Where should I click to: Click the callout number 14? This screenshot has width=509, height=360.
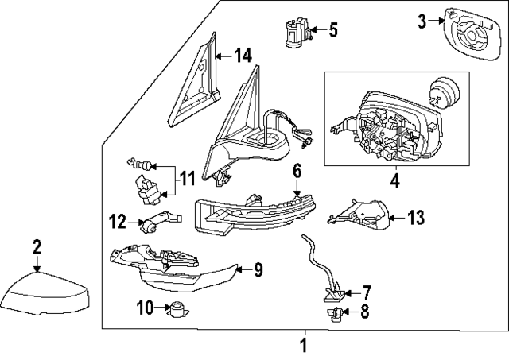(x=242, y=56)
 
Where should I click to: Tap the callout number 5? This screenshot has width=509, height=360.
(x=332, y=31)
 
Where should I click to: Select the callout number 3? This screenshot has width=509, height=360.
(x=422, y=21)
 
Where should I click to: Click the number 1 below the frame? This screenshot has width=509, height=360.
(x=302, y=345)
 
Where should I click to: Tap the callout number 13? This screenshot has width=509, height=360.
(x=417, y=216)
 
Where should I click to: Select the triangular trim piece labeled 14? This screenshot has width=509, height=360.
(x=193, y=87)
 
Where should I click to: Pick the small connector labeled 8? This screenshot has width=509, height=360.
(x=334, y=315)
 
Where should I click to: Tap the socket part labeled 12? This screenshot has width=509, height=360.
(x=154, y=223)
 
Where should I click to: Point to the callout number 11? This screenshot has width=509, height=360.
(x=186, y=179)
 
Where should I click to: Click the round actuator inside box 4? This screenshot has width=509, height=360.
(x=441, y=90)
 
